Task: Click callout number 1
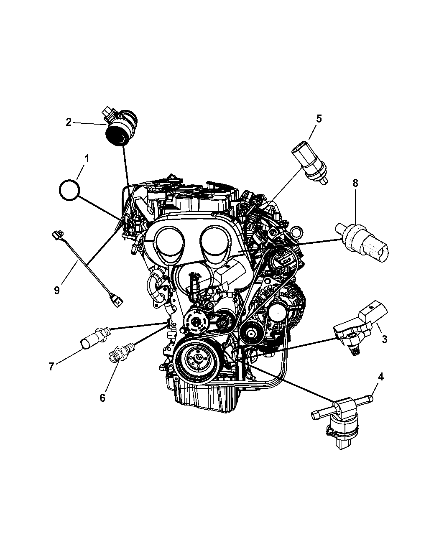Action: (87, 159)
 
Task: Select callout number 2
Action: (69, 122)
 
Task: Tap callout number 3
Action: (384, 339)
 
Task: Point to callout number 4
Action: (380, 377)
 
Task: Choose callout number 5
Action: (319, 119)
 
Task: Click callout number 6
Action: (102, 398)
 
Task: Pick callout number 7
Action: (51, 367)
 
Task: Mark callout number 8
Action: (355, 183)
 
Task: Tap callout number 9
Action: (57, 290)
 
